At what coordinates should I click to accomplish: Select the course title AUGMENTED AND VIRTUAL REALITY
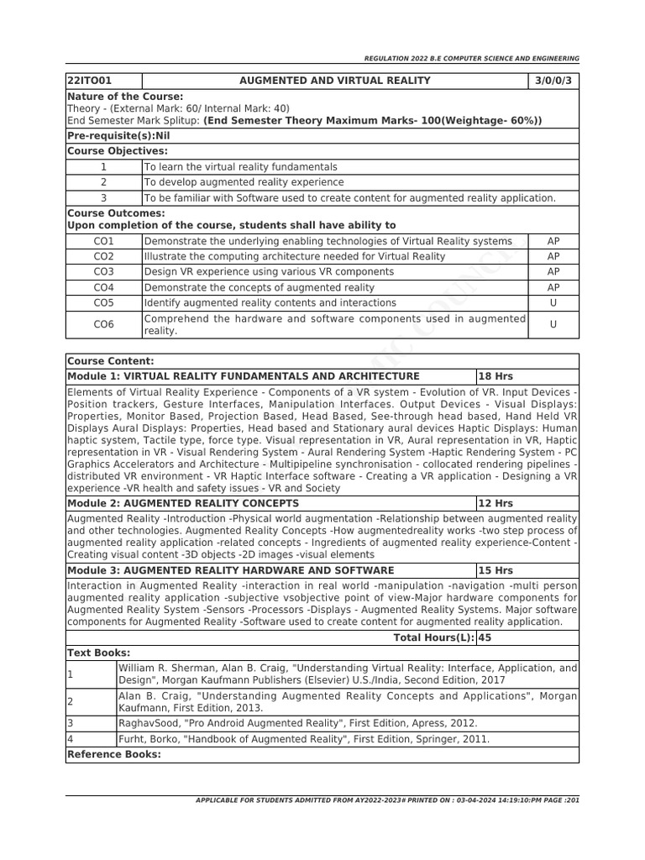(335, 81)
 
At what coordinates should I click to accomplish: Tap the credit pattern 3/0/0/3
(553, 81)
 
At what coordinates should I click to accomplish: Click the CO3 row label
(104, 272)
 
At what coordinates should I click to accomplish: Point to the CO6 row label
(104, 324)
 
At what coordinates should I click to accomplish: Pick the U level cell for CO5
(553, 302)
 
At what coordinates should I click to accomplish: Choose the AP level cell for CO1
(553, 241)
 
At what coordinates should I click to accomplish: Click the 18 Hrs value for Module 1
(495, 376)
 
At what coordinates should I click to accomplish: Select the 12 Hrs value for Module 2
(495, 503)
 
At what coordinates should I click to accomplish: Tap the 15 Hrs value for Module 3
(495, 570)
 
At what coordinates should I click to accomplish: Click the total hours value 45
(486, 637)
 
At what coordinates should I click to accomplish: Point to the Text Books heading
(98, 653)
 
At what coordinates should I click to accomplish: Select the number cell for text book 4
(71, 739)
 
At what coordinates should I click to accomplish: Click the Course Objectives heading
(118, 151)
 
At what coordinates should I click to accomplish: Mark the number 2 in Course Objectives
(104, 182)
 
